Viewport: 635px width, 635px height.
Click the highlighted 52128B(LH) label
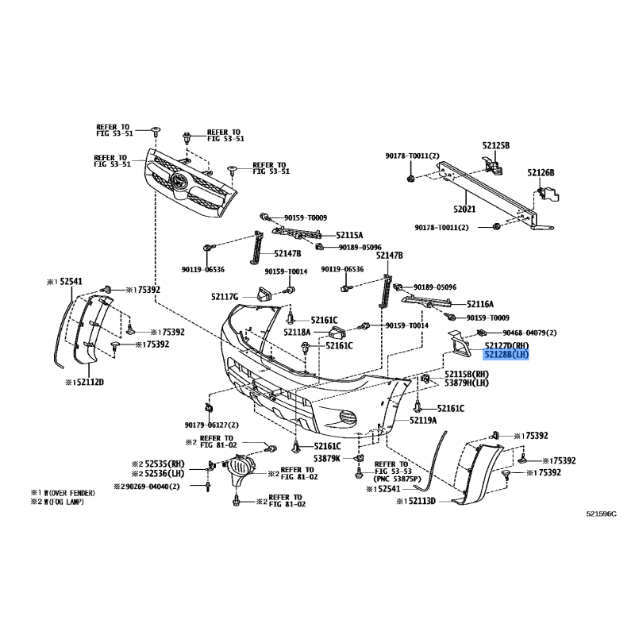pos(506,355)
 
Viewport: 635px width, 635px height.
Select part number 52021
pos(464,209)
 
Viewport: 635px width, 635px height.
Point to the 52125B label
pos(495,145)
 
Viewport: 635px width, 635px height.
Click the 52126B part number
pos(541,173)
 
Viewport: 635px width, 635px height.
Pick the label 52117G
pos(225,297)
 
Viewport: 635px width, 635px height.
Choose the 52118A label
pos(297,333)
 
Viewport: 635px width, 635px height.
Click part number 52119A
pos(423,421)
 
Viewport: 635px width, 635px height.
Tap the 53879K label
pos(327,458)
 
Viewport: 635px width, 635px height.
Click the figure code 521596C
pos(602,514)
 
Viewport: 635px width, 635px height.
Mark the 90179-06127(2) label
pos(211,425)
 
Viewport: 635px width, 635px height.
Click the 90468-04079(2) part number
pos(529,333)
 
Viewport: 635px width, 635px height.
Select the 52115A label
pos(349,235)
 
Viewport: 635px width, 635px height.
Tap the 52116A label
pos(480,304)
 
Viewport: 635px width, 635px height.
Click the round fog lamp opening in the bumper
pos(348,418)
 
